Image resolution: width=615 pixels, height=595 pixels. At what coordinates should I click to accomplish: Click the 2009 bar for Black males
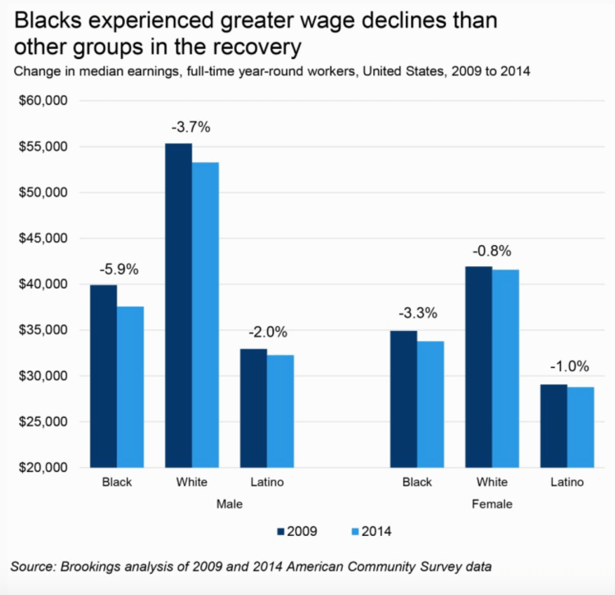point(103,376)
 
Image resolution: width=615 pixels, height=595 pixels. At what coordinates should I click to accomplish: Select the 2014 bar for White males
point(205,315)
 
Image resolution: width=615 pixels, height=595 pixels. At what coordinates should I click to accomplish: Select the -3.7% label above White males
point(191,127)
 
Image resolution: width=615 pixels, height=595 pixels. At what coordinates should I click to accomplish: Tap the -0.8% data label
point(492,250)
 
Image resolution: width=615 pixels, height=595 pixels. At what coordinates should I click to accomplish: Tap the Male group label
point(229,504)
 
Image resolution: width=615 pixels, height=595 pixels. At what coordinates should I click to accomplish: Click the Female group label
point(492,504)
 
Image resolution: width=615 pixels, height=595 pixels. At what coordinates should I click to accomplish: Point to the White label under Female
point(492,482)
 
